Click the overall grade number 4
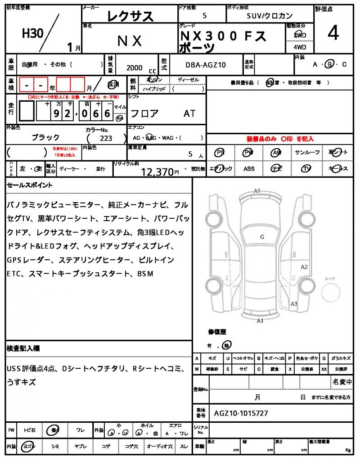pyautogui.click(x=333, y=34)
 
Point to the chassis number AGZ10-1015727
pyautogui.click(x=242, y=413)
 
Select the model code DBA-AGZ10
pyautogui.click(x=206, y=65)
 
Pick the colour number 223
pyautogui.click(x=106, y=139)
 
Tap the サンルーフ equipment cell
pyautogui.click(x=307, y=153)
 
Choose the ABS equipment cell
pyautogui.click(x=249, y=169)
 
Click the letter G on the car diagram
pyautogui.click(x=262, y=236)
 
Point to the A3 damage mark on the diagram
pyautogui.click(x=294, y=304)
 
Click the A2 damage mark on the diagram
pyautogui.click(x=304, y=267)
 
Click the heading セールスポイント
pyautogui.click(x=30, y=185)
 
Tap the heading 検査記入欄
pyautogui.click(x=23, y=348)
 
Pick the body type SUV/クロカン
pyautogui.click(x=270, y=15)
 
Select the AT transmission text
pyautogui.click(x=189, y=114)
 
